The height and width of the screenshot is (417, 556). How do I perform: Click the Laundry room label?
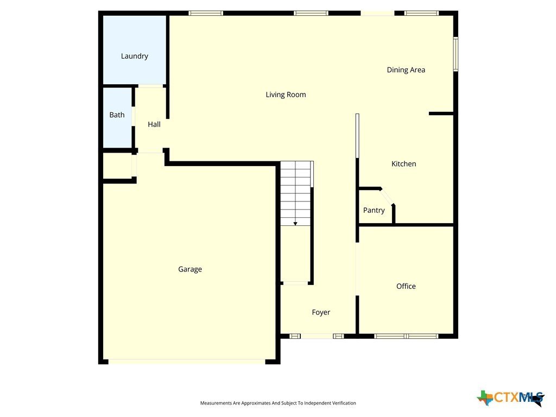coord(135,56)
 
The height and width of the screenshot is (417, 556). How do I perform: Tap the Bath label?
coord(117,115)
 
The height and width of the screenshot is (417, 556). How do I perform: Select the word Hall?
coord(154,124)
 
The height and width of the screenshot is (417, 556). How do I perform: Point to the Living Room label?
coord(286,94)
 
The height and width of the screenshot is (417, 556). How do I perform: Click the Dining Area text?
coord(406,70)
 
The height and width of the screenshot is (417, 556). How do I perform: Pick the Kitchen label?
coord(403,164)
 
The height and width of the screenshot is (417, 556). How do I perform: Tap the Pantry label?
coord(374,210)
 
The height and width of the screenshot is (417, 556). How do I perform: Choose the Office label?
coord(406,286)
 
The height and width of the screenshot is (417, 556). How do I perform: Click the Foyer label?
coord(321,312)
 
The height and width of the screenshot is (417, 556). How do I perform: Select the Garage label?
coord(190,269)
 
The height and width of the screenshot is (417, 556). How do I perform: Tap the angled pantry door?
coord(387,197)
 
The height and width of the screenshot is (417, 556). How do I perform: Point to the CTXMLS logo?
coord(511,398)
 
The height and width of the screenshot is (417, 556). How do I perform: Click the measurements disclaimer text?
coord(278,403)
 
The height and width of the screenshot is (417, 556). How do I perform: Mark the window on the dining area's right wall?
coord(456,54)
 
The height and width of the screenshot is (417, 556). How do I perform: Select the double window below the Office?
coord(406,336)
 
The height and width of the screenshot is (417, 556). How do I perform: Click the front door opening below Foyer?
coord(317,336)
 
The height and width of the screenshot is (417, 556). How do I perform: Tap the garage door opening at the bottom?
coord(187,362)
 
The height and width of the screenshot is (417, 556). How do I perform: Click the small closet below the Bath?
coord(117,166)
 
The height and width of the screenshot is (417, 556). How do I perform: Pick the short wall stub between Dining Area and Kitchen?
coord(441,113)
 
